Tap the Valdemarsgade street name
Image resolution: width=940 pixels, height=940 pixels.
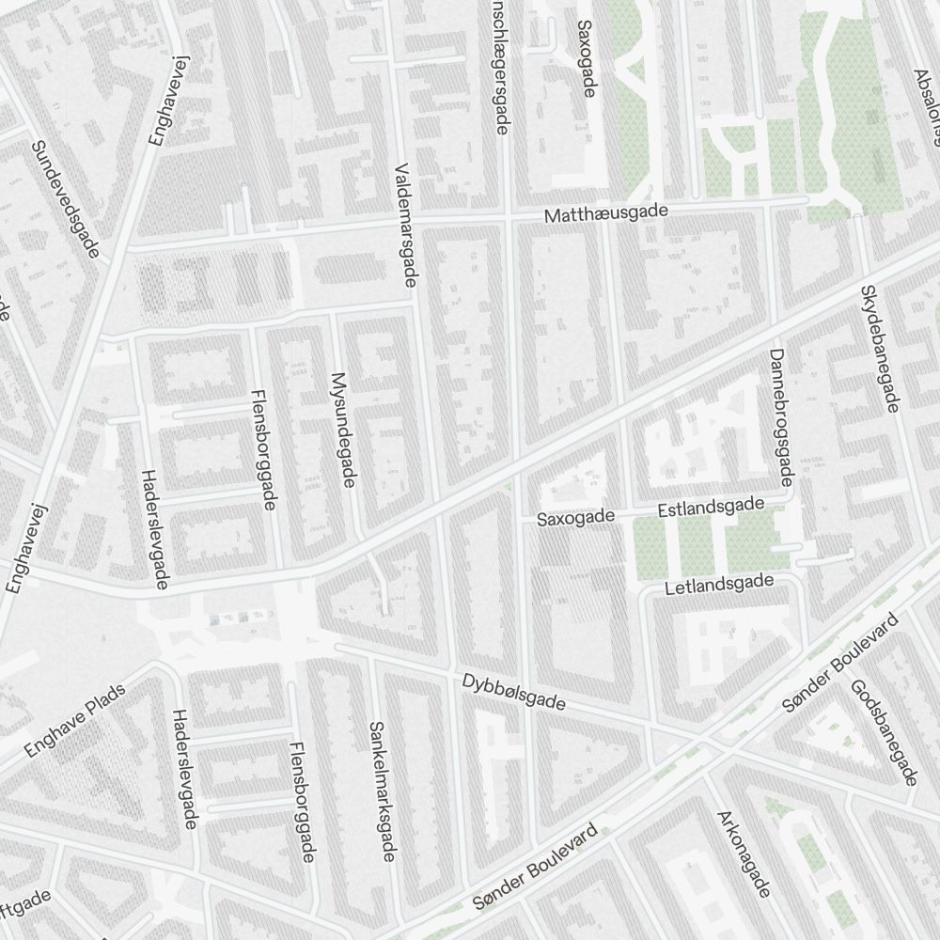pyautogui.click(x=407, y=223)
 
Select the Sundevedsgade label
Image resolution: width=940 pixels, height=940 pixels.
pyautogui.click(x=66, y=199)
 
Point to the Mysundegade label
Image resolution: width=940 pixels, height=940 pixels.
pyautogui.click(x=343, y=430)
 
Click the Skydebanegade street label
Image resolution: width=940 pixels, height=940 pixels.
pyautogui.click(x=880, y=348)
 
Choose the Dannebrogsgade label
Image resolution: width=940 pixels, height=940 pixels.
pyautogui.click(x=781, y=417)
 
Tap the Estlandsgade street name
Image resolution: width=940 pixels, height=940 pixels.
pyautogui.click(x=711, y=508)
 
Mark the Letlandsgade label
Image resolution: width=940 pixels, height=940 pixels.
pyautogui.click(x=718, y=586)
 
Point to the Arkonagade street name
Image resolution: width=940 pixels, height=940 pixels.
pyautogui.click(x=744, y=854)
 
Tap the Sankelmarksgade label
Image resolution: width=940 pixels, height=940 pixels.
pyautogui.click(x=381, y=791)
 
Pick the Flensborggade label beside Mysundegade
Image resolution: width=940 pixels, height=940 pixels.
pyautogui.click(x=262, y=449)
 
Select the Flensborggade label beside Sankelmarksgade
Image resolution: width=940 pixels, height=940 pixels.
pyautogui.click(x=302, y=801)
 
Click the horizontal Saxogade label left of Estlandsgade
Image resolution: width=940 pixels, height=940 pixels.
pyautogui.click(x=575, y=517)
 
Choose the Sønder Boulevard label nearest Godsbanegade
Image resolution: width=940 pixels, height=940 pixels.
pyautogui.click(x=841, y=662)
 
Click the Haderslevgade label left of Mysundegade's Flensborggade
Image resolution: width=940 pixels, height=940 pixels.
pyautogui.click(x=154, y=529)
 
